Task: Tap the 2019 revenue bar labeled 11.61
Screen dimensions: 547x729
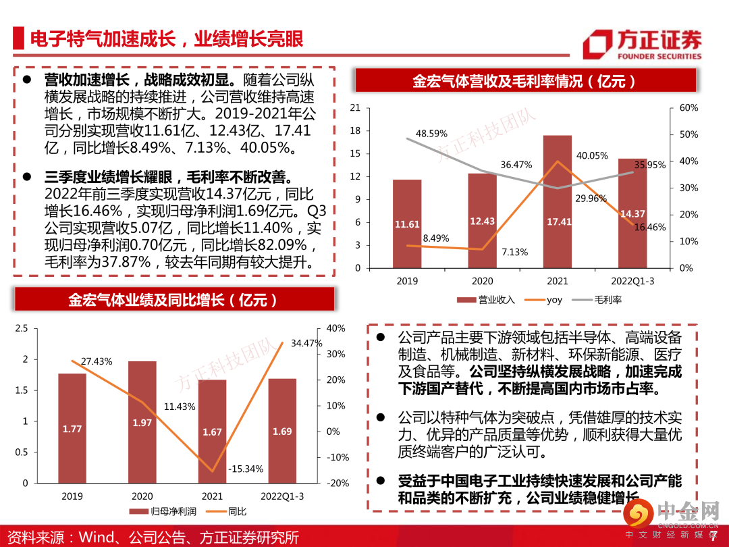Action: point(407,224)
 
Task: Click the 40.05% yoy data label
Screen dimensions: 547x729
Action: point(592,156)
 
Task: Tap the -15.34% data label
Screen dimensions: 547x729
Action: point(246,469)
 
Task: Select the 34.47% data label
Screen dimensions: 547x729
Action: point(306,343)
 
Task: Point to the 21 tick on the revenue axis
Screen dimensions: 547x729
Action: point(356,108)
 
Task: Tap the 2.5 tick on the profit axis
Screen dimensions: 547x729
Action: point(22,328)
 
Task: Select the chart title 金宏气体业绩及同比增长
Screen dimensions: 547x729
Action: point(172,300)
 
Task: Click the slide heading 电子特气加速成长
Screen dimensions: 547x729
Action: point(165,38)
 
